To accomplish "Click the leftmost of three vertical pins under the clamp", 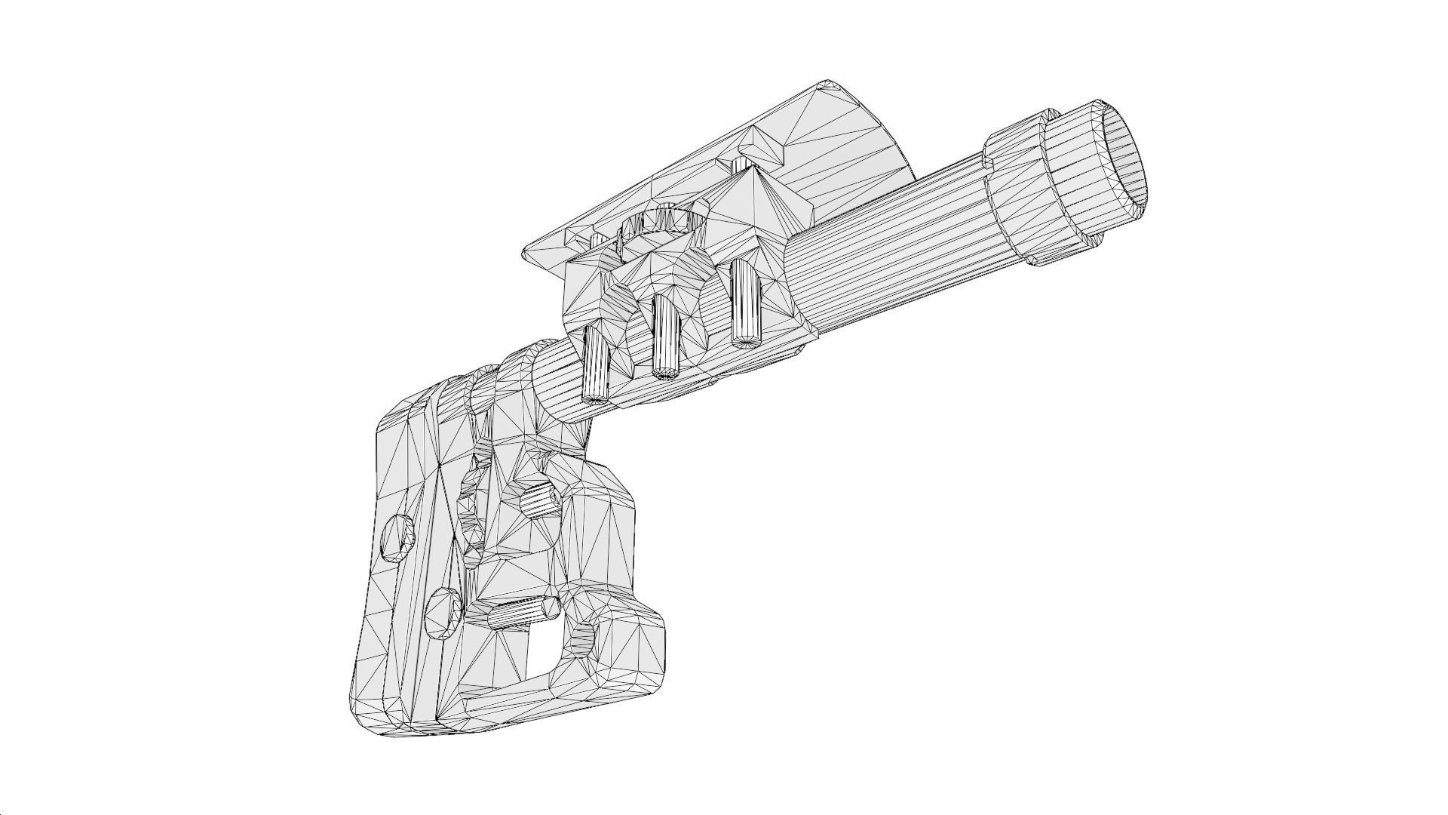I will [x=597, y=366].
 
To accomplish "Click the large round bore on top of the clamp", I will [x=664, y=223].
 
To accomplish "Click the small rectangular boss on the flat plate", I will [x=762, y=143].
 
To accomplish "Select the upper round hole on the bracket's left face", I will [x=397, y=537].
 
